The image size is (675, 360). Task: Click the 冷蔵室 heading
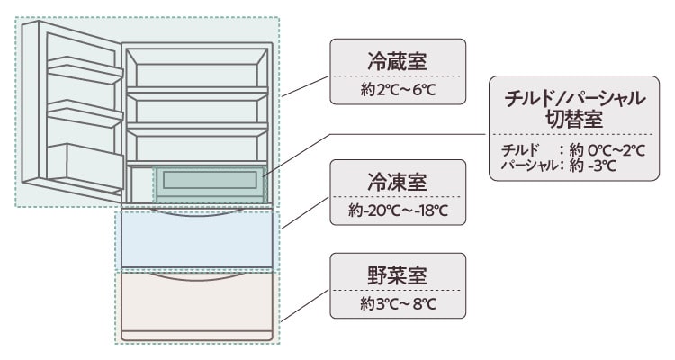(397, 61)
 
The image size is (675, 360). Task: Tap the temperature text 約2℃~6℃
(397, 92)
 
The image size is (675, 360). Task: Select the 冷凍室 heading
(397, 182)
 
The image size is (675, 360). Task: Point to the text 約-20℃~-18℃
(397, 212)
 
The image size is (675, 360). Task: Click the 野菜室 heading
(397, 274)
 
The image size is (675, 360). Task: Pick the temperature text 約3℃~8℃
(397, 304)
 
